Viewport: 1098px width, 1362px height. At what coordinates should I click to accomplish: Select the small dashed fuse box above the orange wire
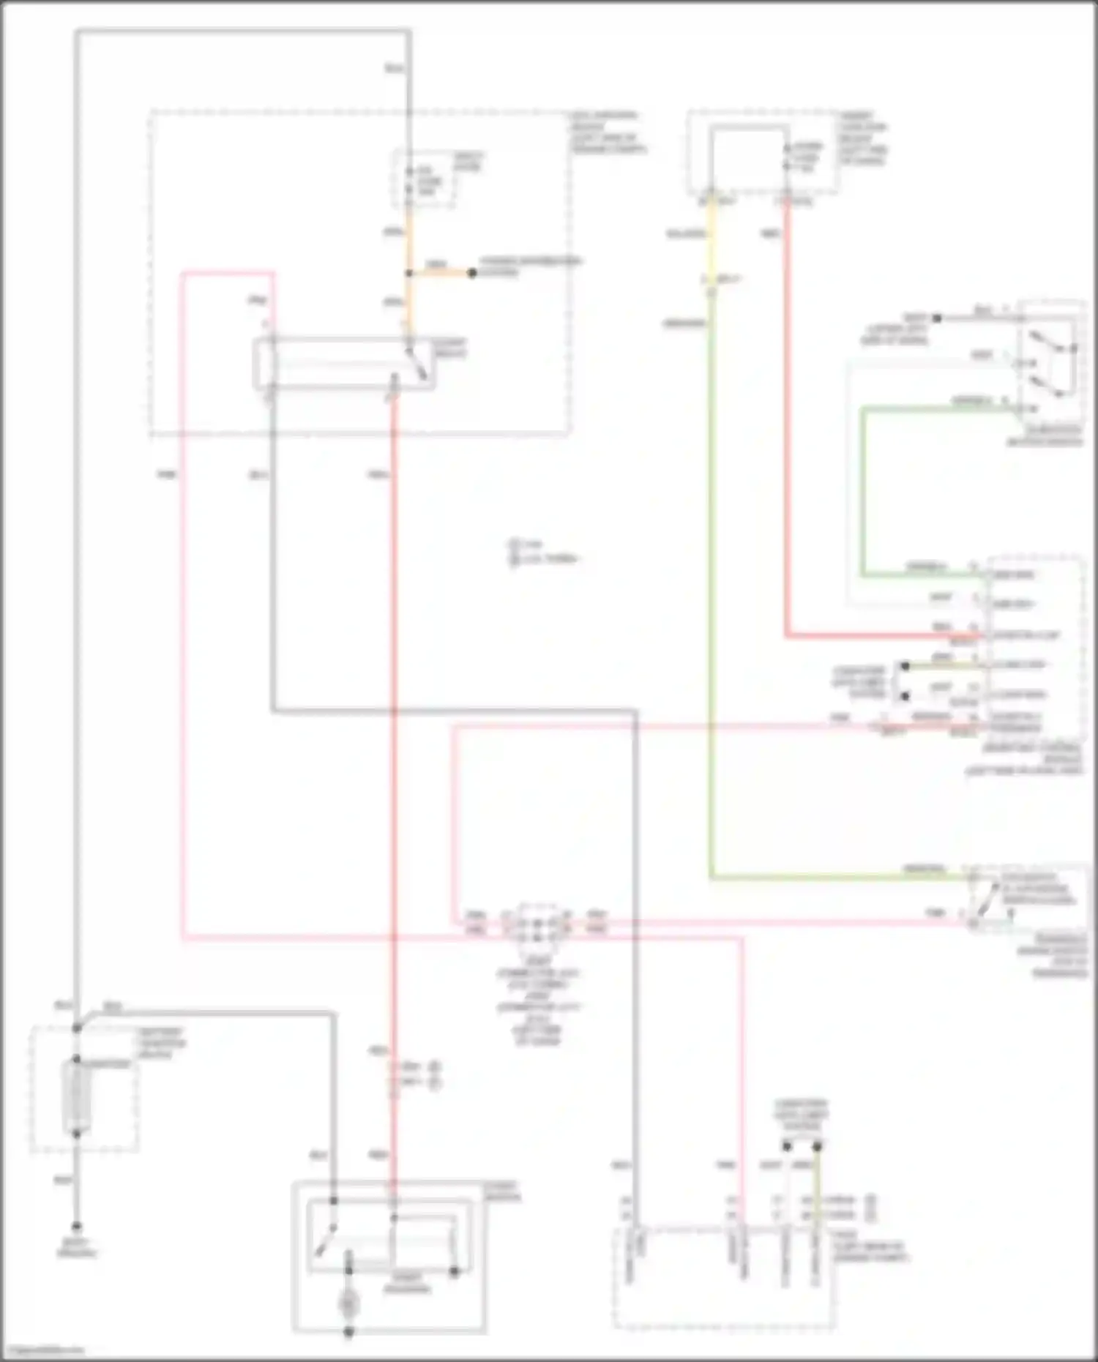pos(425,179)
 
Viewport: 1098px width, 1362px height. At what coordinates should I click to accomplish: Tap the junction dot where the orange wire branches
pos(408,273)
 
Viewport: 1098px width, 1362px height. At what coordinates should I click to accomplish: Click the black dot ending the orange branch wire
pos(472,273)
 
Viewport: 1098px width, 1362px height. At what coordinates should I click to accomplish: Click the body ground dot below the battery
pos(77,1226)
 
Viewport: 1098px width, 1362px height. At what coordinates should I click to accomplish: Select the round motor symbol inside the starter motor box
pos(348,1303)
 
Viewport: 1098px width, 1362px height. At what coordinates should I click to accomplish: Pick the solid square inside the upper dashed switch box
pos(748,154)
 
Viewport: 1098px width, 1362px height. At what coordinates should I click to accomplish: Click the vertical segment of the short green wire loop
pos(863,490)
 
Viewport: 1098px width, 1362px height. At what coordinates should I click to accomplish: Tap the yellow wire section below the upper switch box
pos(710,242)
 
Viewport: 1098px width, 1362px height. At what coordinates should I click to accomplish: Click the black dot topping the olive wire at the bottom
pos(818,1146)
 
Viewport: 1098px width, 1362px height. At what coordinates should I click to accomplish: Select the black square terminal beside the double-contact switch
pos(937,318)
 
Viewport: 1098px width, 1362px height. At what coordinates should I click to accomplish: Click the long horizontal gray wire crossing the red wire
pos(454,710)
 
